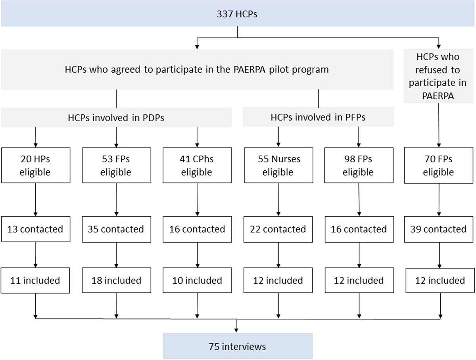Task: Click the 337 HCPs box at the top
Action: point(237,13)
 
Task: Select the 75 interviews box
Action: point(237,346)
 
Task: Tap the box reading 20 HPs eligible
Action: point(36,166)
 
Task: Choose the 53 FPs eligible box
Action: point(116,166)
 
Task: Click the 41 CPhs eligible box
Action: point(197,166)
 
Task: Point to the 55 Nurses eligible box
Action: point(278,166)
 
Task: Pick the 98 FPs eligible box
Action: point(359,166)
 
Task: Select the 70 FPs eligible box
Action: point(439,166)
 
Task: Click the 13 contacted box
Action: point(36,229)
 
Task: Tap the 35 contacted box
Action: point(116,229)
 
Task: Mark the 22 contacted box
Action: point(278,229)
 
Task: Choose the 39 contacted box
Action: point(439,229)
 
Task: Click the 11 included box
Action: point(36,281)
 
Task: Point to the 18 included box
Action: point(116,281)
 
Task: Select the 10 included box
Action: point(197,281)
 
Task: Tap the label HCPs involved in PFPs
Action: point(318,117)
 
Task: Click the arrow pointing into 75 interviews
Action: point(237,329)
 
